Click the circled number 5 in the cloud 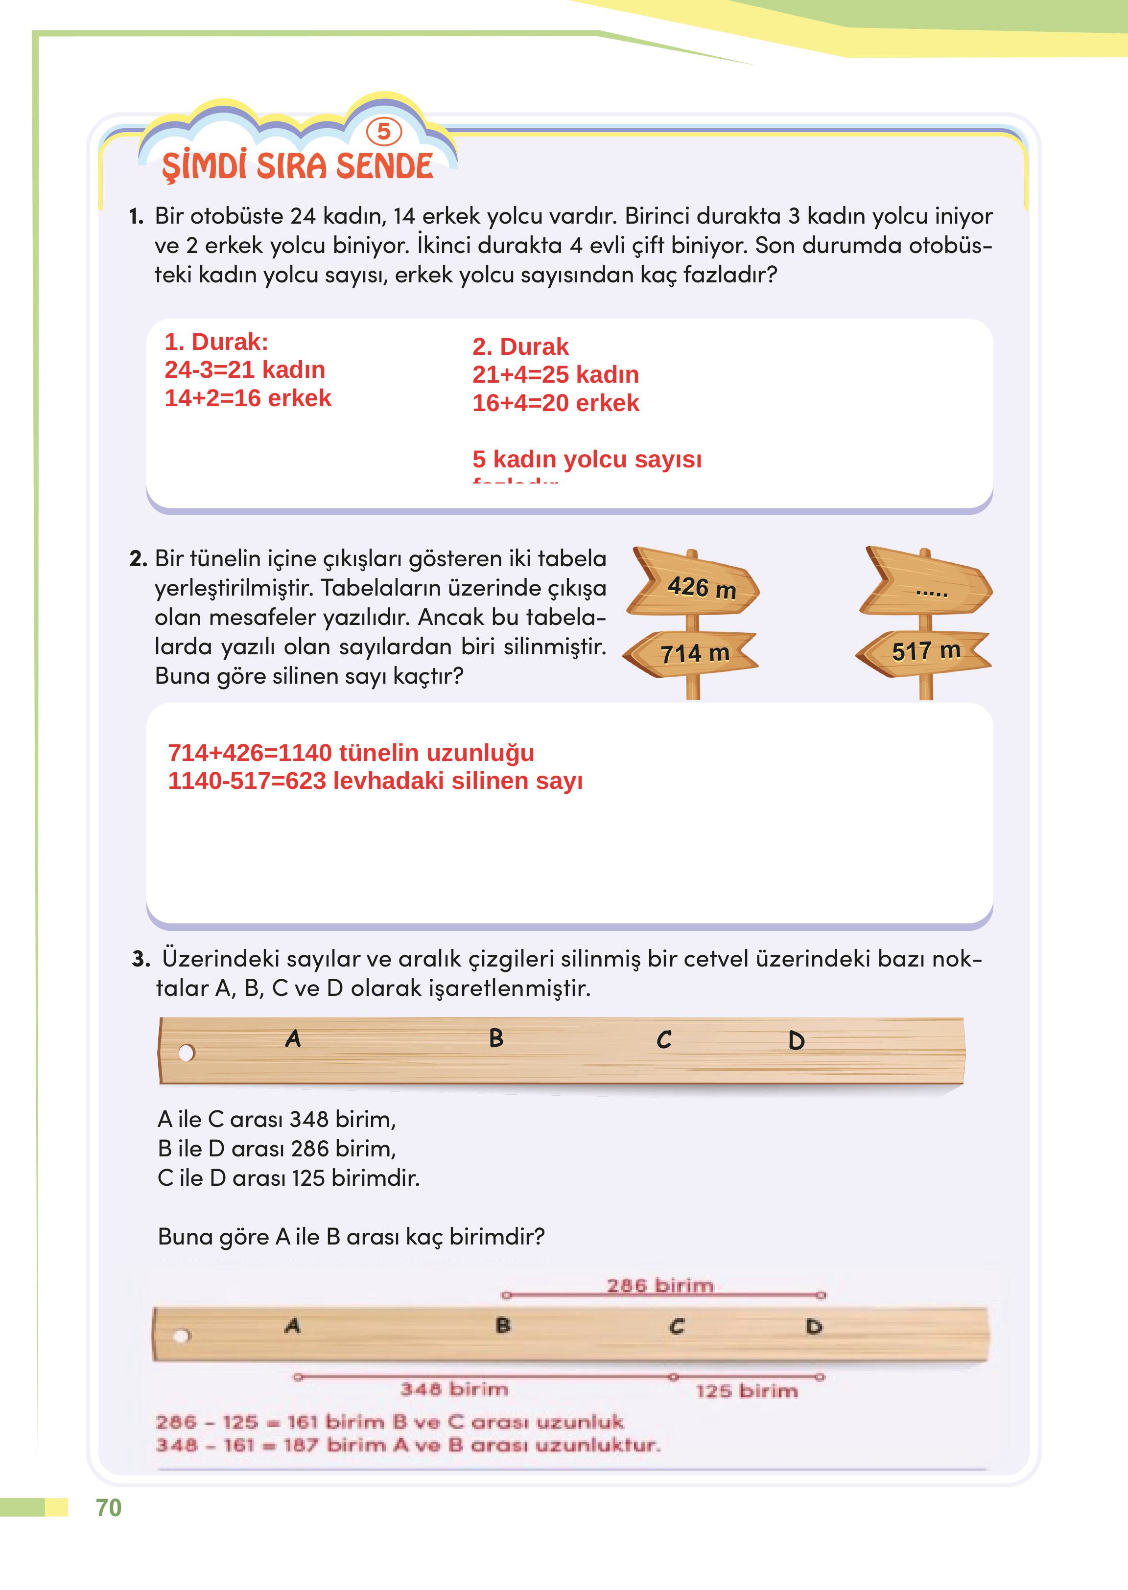(383, 131)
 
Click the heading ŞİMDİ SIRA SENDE (297, 167)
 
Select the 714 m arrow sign (692, 653)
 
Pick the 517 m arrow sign (924, 650)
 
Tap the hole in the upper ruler (186, 1053)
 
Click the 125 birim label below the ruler (747, 1391)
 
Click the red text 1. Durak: (216, 342)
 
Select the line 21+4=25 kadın (555, 374)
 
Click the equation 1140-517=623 (247, 781)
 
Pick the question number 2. (138, 559)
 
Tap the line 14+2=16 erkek (248, 398)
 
